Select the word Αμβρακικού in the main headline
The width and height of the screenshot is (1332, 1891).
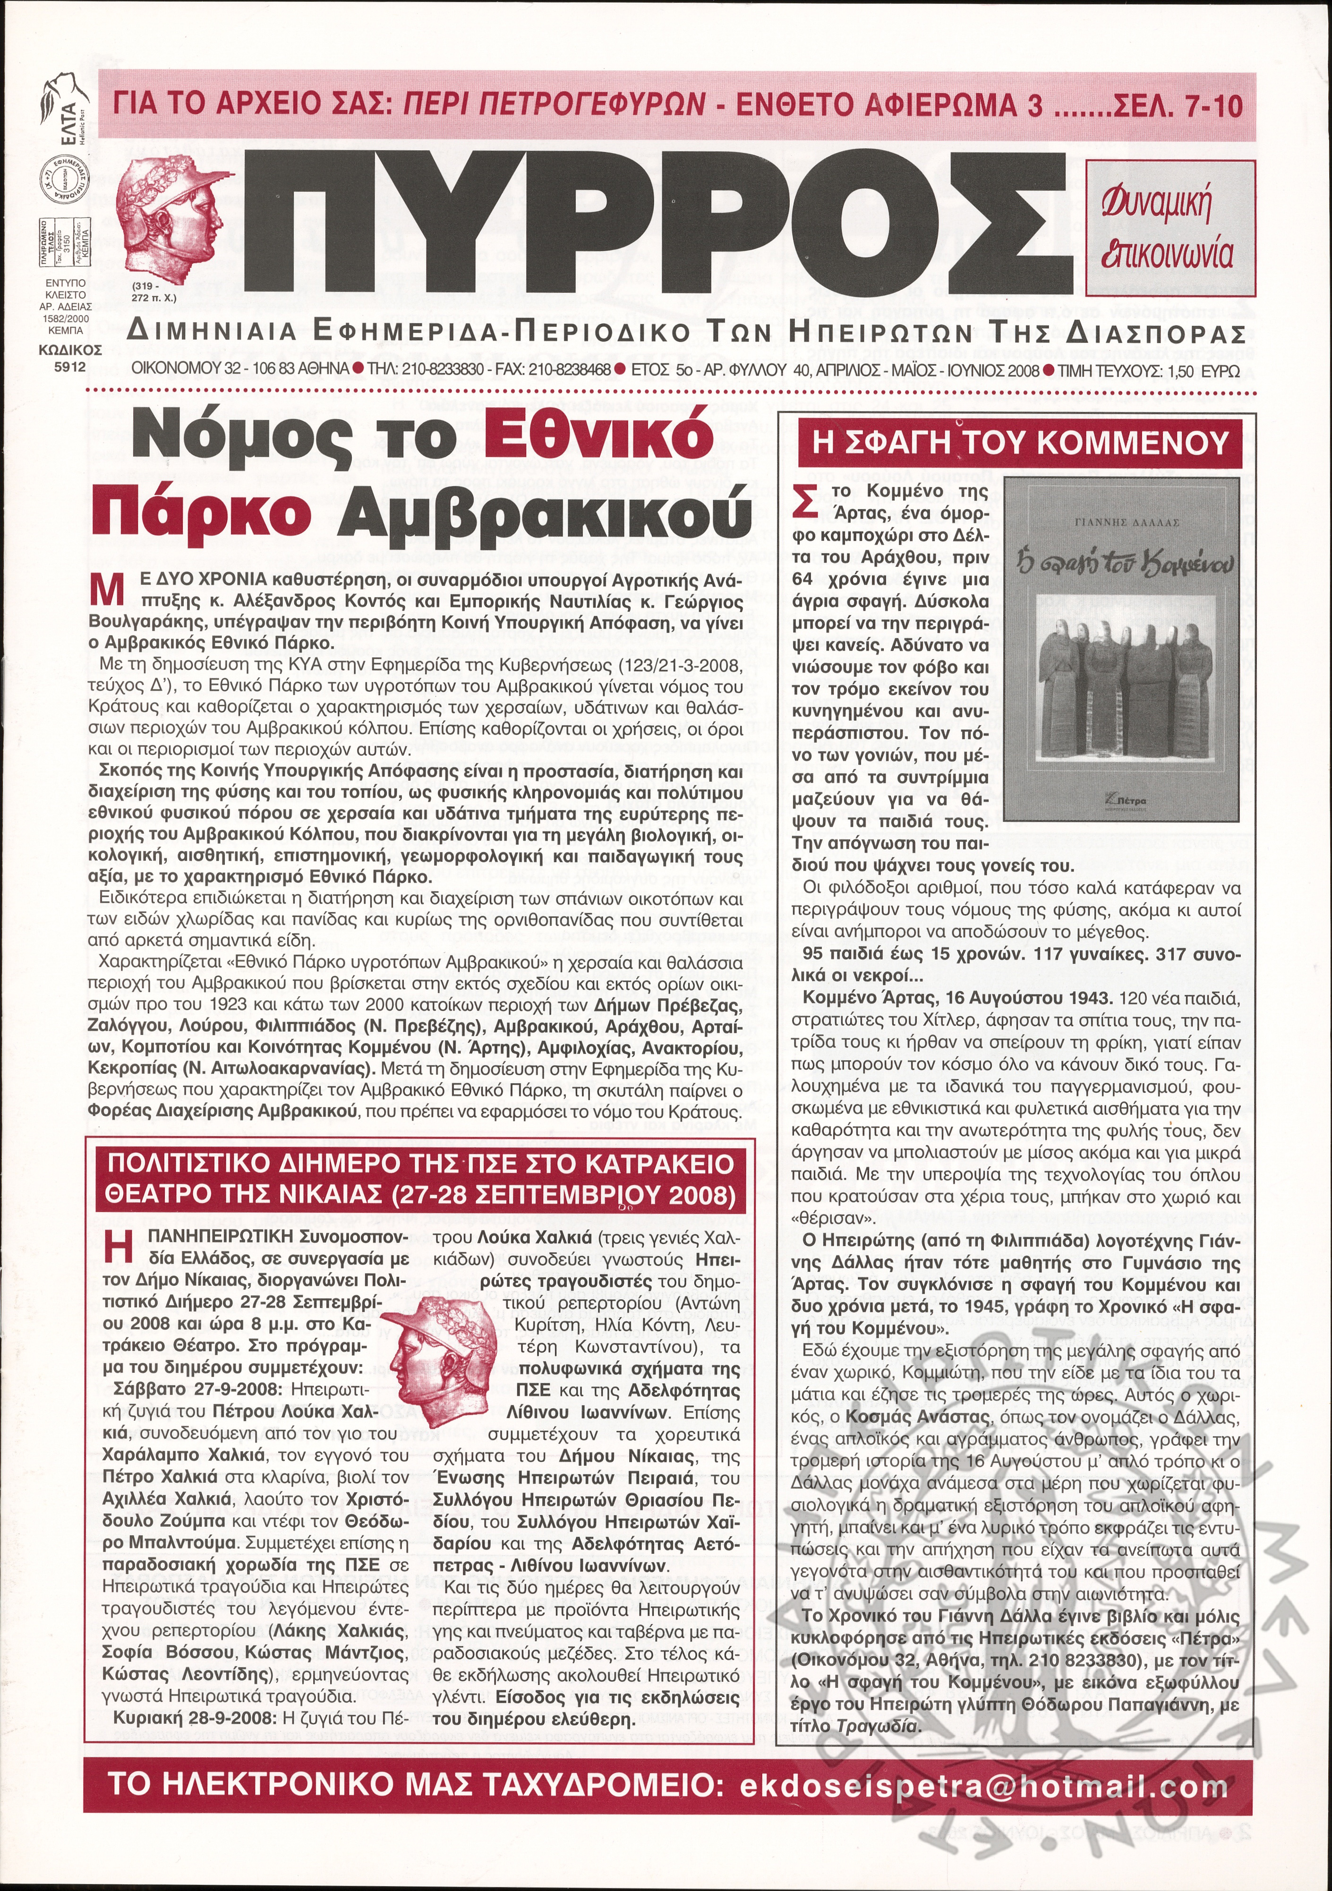[x=544, y=515]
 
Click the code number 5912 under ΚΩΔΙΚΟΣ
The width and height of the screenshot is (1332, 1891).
[x=70, y=368]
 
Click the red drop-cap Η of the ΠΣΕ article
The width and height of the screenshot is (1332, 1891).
[x=119, y=1248]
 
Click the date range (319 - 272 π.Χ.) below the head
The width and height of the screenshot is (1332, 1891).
[x=153, y=292]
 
